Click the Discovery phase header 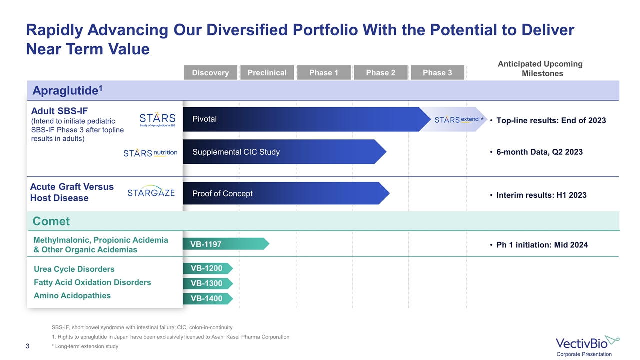coord(210,73)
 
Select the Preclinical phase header coord(267,73)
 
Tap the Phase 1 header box coord(324,73)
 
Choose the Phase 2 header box coord(380,73)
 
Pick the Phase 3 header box coord(437,73)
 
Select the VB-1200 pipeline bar coord(207,268)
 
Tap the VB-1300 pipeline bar coord(207,283)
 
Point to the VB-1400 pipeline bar coord(207,299)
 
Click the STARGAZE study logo coord(151,193)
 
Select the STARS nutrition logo coord(150,153)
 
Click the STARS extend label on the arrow coord(457,119)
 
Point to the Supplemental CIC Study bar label coord(236,152)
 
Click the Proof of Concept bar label coord(222,194)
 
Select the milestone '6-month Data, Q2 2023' coord(539,152)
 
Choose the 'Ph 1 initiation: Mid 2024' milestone coord(542,245)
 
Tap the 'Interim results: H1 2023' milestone coord(541,195)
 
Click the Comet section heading coord(51,221)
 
